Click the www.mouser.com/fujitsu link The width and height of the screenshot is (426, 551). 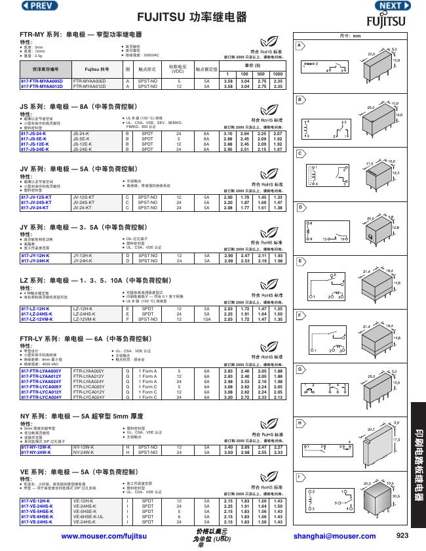[103, 536]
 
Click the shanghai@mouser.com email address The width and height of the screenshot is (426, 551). [325, 536]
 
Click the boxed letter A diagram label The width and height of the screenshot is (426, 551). [300, 45]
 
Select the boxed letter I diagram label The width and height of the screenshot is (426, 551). [300, 476]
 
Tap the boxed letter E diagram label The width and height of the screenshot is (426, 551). [300, 261]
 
